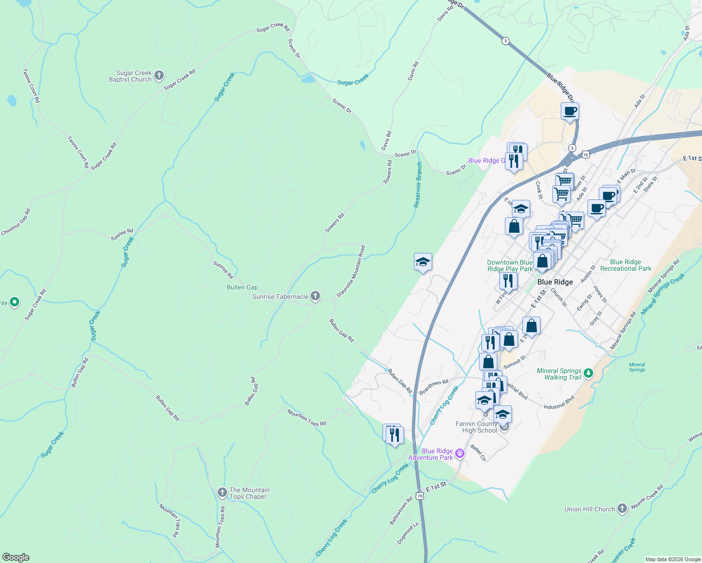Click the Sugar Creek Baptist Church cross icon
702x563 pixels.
(159, 75)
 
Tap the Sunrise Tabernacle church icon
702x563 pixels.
(315, 296)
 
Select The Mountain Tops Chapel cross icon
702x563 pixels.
(222, 492)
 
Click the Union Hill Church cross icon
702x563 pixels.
(622, 508)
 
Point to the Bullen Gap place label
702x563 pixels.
(242, 287)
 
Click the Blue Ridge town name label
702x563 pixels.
(555, 282)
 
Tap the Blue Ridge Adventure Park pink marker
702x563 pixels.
(460, 453)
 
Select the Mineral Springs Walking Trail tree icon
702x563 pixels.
(588, 373)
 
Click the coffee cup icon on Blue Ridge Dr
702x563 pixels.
(570, 112)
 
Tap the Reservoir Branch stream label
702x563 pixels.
(418, 185)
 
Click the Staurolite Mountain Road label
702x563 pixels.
(351, 271)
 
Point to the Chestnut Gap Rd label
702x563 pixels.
(15, 222)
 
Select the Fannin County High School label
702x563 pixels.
(476, 427)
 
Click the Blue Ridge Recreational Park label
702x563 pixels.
(626, 265)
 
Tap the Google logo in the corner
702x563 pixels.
(15, 557)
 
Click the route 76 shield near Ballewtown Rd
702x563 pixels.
(420, 495)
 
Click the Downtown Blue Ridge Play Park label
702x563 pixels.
(510, 266)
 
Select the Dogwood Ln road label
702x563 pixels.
(408, 533)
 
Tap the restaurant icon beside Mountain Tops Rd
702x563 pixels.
(394, 435)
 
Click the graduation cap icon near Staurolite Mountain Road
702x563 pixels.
(423, 262)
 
